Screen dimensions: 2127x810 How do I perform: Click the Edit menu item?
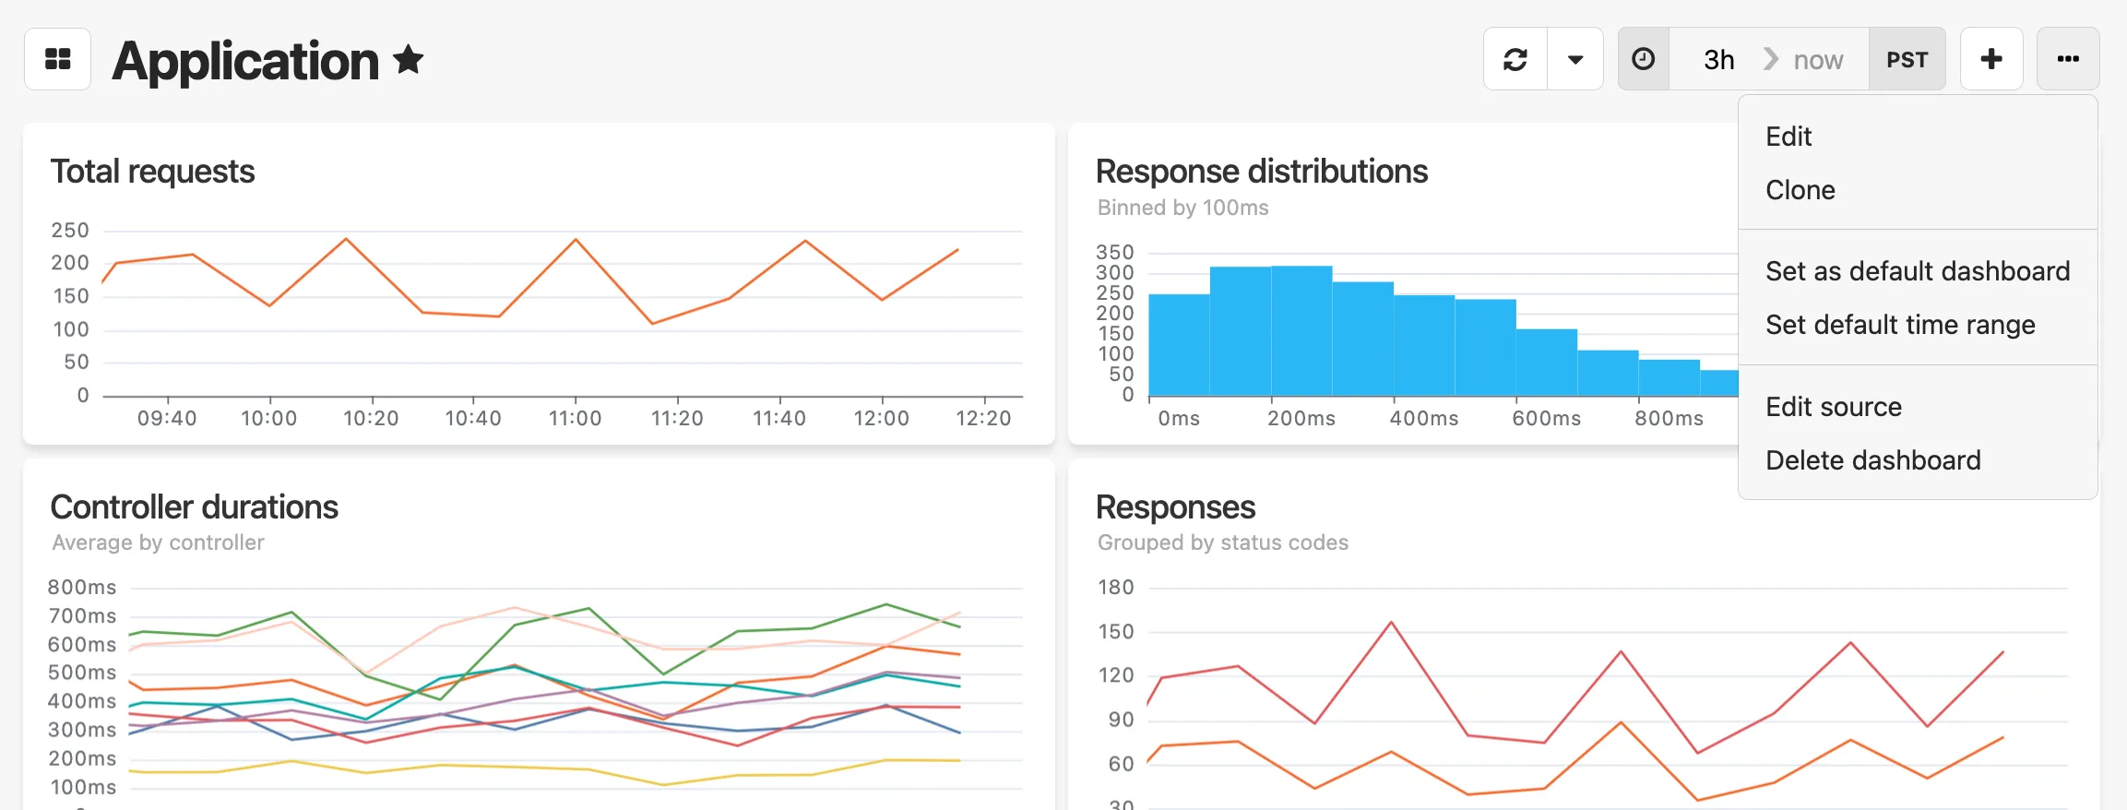(1788, 137)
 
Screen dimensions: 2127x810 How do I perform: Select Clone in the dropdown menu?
(1800, 190)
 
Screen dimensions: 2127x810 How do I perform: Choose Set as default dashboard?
(1918, 271)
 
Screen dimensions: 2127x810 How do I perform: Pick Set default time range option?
(1900, 325)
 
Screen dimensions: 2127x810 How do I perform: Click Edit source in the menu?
(1834, 407)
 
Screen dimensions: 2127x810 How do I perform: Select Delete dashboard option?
(1873, 460)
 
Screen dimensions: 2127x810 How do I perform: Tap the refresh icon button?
(1515, 59)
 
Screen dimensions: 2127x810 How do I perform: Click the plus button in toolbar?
(1991, 59)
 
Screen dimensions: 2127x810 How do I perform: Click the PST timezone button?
(1907, 60)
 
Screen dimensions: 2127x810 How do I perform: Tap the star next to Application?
(408, 60)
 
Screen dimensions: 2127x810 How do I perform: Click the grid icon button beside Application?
(58, 59)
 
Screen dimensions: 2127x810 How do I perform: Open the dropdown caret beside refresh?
(1575, 59)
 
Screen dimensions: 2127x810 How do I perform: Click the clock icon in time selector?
(1644, 59)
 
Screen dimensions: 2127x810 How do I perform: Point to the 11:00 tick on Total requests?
(576, 418)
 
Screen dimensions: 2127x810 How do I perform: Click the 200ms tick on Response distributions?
(1301, 418)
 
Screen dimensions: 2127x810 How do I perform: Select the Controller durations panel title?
(195, 506)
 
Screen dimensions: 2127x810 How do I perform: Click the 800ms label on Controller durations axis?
(82, 588)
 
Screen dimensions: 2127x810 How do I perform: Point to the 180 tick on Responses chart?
(1116, 588)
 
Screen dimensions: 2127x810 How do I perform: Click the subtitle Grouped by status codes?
(1223, 542)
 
